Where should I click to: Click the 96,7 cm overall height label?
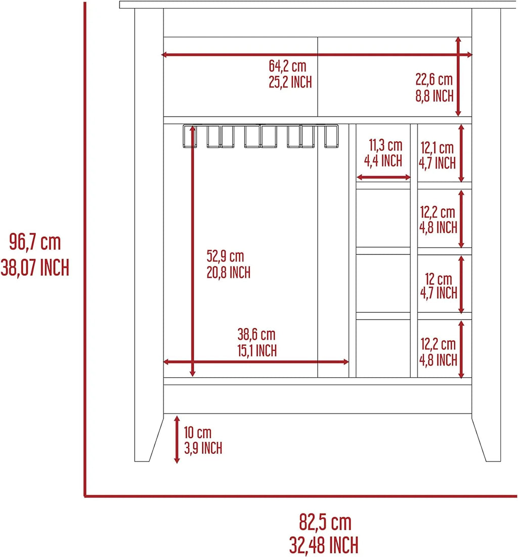(35, 242)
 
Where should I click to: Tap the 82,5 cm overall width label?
(325, 522)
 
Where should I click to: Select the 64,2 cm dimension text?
(287, 66)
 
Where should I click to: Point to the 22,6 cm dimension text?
(434, 80)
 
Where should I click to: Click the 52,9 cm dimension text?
(225, 256)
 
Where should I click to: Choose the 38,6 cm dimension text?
(256, 334)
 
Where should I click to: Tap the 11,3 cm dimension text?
(385, 145)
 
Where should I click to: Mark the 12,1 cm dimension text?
(437, 148)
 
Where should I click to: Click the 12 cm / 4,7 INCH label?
(438, 286)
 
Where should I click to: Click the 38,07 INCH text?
(35, 268)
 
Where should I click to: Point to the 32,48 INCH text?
(324, 545)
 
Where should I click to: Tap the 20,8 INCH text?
(229, 273)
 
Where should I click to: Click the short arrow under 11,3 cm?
(383, 177)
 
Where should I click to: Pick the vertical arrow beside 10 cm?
(177, 440)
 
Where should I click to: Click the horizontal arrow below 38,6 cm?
(256, 362)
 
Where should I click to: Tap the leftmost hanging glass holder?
(190, 136)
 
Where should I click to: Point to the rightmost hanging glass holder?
(331, 136)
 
